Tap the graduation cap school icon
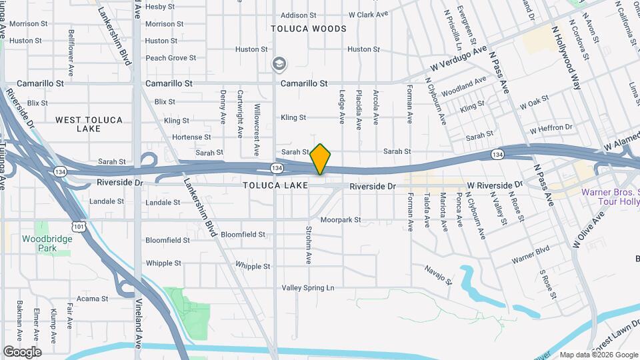tap(279, 64)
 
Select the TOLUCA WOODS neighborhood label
tap(309, 29)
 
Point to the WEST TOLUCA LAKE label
tap(89, 124)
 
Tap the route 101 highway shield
tap(80, 227)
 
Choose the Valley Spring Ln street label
tap(307, 288)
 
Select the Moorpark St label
tap(340, 219)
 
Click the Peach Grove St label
tap(171, 58)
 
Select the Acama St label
tap(92, 298)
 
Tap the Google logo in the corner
tap(22, 352)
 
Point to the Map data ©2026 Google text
tap(598, 355)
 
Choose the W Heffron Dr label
tap(551, 127)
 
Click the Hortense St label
tap(191, 137)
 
